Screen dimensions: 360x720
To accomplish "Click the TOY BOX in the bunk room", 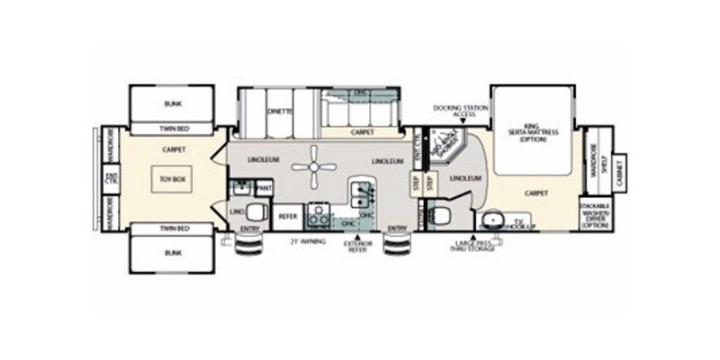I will [x=168, y=177].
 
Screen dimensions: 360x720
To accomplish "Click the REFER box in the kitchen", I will [x=288, y=216].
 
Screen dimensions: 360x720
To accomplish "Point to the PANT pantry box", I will [x=264, y=187].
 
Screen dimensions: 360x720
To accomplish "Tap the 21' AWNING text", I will [x=306, y=242].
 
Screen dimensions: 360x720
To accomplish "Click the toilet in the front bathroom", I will [x=441, y=214].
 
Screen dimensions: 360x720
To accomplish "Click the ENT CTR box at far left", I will [x=112, y=177].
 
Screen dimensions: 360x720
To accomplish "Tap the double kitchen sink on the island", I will [x=364, y=192].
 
